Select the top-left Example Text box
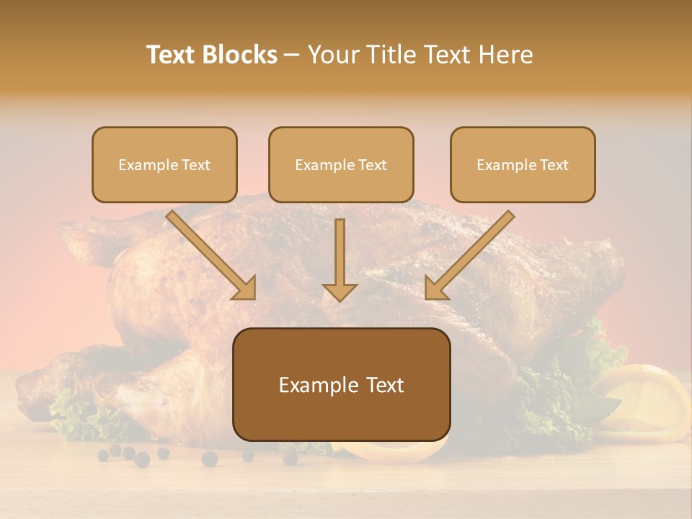point(164,165)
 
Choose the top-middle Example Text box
point(341,165)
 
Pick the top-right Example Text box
point(523,165)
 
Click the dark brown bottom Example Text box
point(341,385)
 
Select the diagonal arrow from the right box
point(469,256)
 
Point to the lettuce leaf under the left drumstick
point(79,418)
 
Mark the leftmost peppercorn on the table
point(104,455)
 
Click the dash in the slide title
point(292,55)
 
